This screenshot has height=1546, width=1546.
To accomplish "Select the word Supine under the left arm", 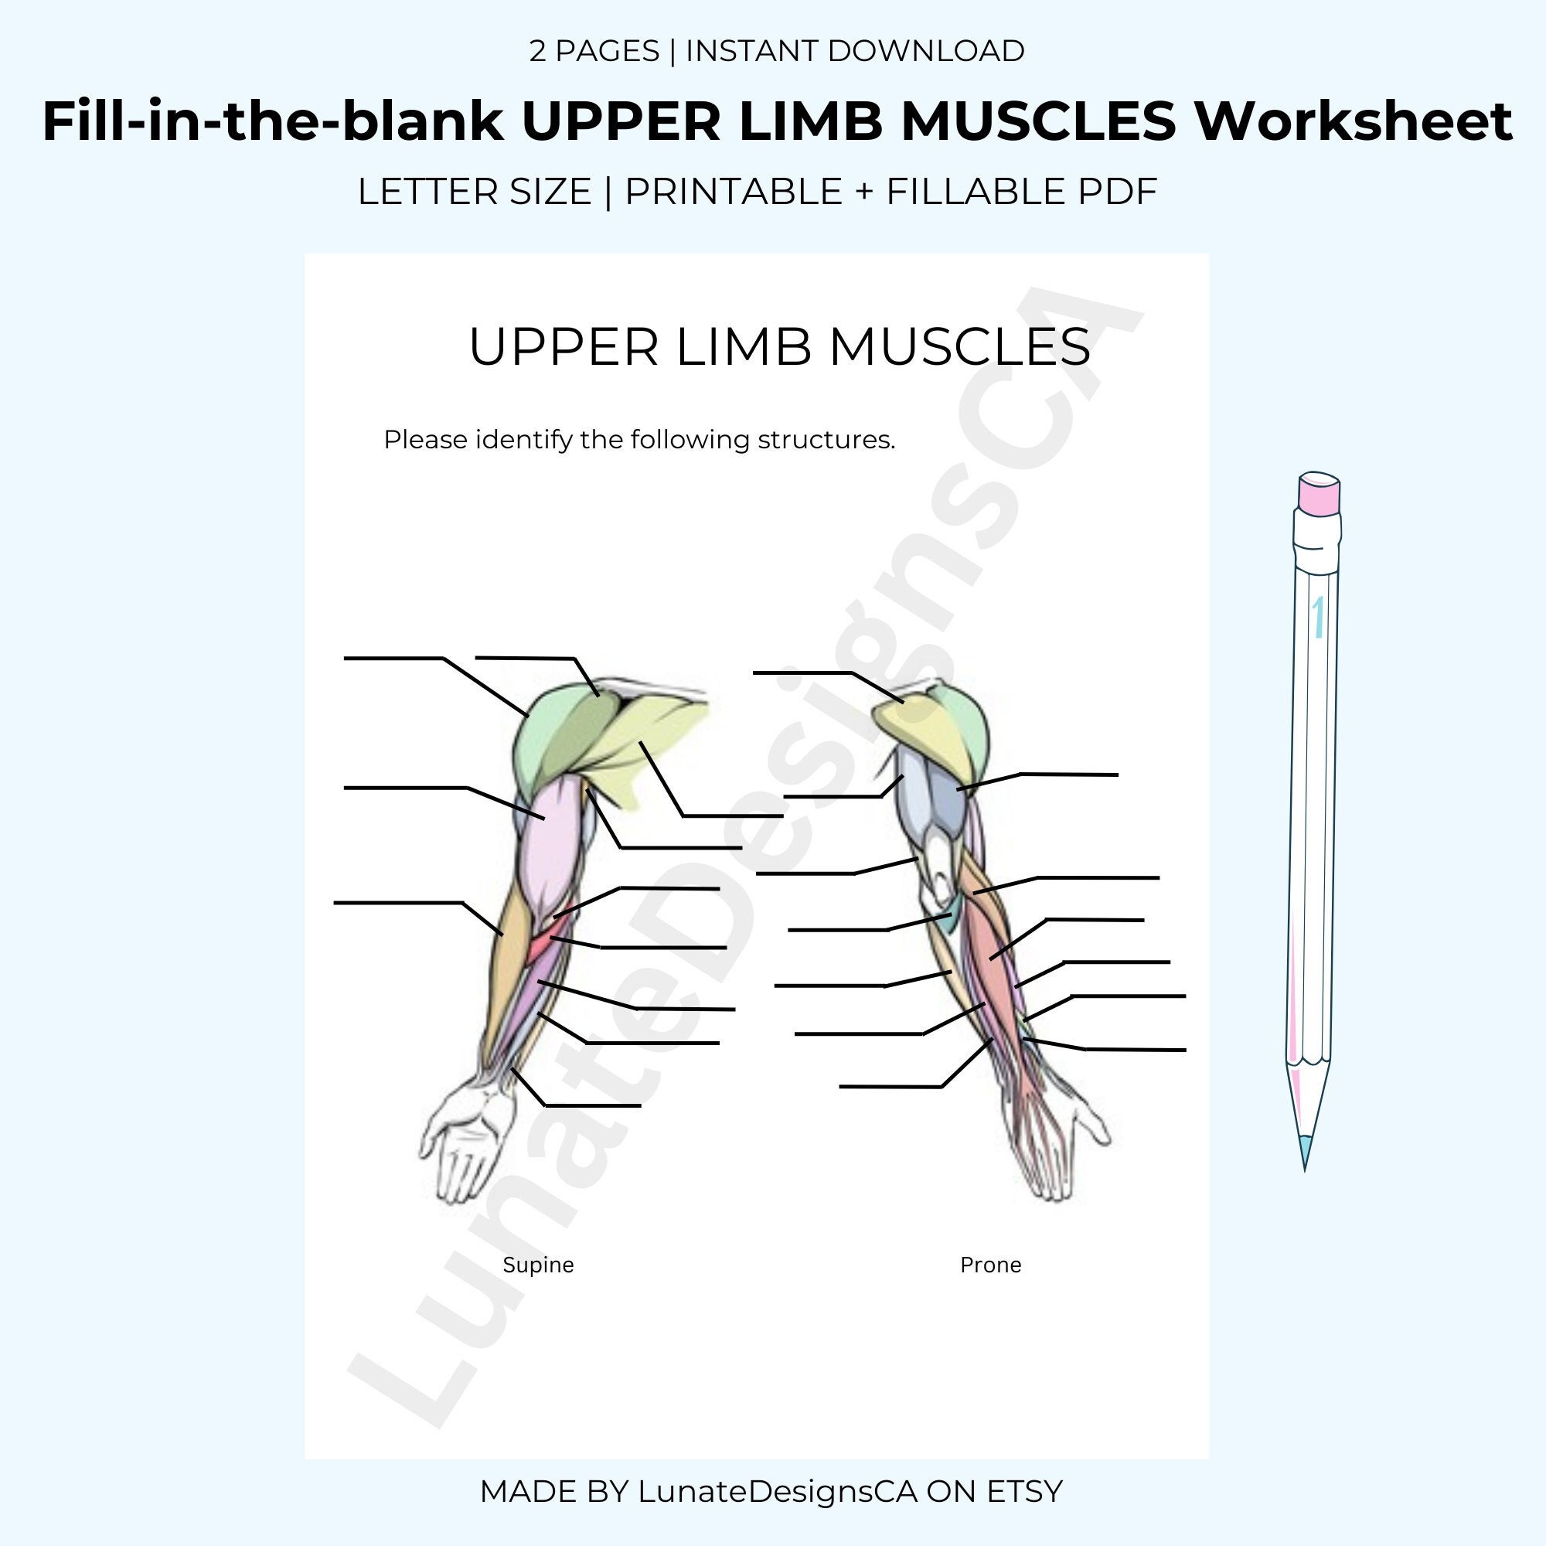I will pos(538,1265).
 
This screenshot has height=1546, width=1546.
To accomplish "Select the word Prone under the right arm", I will pos(990,1265).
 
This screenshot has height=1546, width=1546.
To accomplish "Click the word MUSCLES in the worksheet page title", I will pos(959,347).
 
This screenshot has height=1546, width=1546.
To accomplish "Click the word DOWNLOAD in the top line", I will pos(926,51).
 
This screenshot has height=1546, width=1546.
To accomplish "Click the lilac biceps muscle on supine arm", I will pos(552,840).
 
